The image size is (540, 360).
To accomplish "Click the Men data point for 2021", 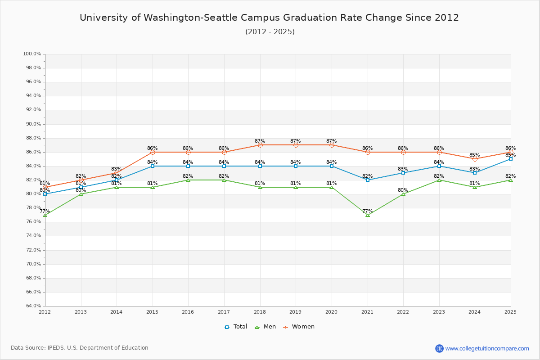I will [x=368, y=215].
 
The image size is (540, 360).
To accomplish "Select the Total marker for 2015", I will [x=153, y=166].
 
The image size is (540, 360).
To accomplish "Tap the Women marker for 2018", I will [x=260, y=145].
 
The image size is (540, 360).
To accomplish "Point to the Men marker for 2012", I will [x=45, y=215].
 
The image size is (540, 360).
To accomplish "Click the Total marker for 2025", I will [x=511, y=159].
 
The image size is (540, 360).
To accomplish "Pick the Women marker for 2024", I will [x=475, y=159].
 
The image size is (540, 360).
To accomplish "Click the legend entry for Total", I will [x=236, y=327].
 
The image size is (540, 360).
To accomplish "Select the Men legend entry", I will [x=266, y=327].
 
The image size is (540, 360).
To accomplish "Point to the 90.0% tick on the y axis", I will [x=32, y=124].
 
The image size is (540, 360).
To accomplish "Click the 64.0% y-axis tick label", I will [x=32, y=306].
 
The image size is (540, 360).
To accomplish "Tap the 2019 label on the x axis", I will [x=296, y=312].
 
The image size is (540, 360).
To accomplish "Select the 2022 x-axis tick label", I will [x=403, y=312].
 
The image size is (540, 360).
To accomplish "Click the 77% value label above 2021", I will [x=368, y=211].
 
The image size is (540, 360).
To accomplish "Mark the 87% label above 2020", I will [x=332, y=141].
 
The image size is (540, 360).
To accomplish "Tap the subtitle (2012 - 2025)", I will [x=270, y=32].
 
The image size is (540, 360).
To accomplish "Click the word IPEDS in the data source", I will [x=57, y=348].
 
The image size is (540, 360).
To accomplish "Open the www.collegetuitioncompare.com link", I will [x=487, y=348].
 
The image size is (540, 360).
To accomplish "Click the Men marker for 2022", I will [x=403, y=194].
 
